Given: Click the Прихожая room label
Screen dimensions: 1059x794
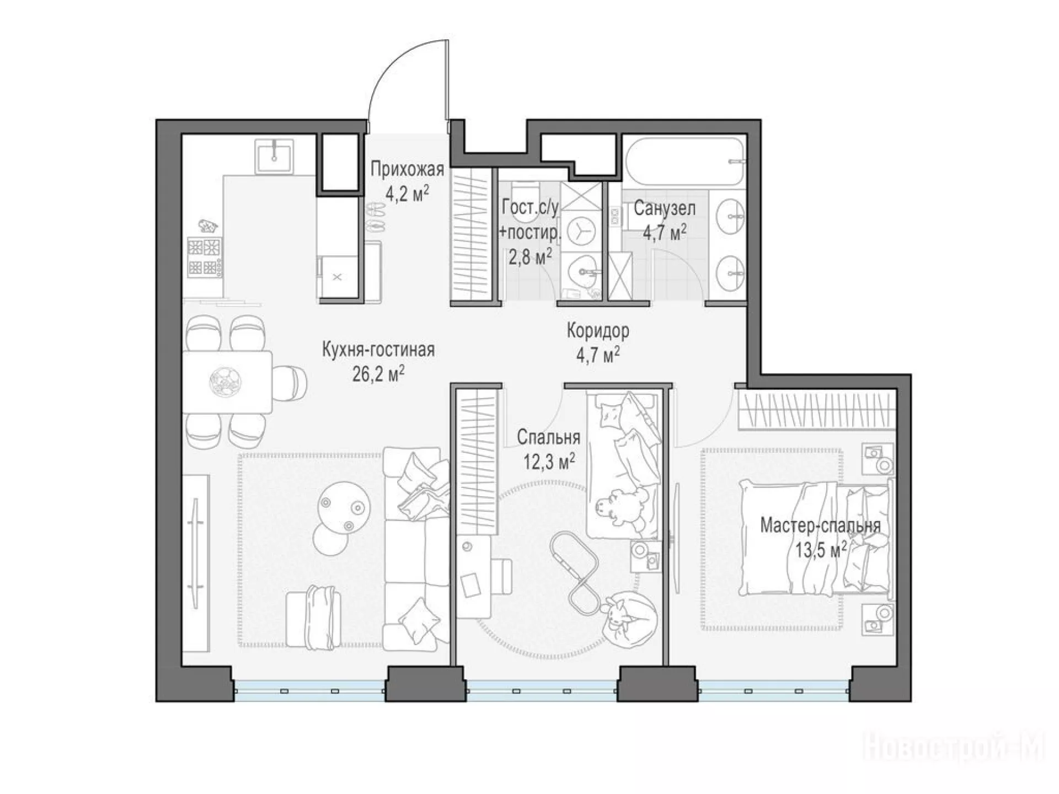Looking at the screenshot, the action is coord(407,169).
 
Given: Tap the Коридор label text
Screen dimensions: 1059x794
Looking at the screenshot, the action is coord(598,331).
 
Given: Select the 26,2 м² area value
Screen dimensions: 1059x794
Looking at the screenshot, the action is coord(378,374).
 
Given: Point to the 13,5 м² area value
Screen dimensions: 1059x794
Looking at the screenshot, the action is coord(821,550).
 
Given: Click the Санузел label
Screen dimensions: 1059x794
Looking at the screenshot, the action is coord(664,208).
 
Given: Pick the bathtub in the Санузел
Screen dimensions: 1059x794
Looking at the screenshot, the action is coord(684,163).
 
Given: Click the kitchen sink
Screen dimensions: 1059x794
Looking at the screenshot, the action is coord(274,157).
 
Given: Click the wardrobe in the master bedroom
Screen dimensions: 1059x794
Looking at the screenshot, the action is coord(816,409).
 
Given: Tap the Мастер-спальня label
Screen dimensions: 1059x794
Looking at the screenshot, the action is coord(820,525).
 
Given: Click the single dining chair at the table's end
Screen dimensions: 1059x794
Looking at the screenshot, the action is coord(290,382).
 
